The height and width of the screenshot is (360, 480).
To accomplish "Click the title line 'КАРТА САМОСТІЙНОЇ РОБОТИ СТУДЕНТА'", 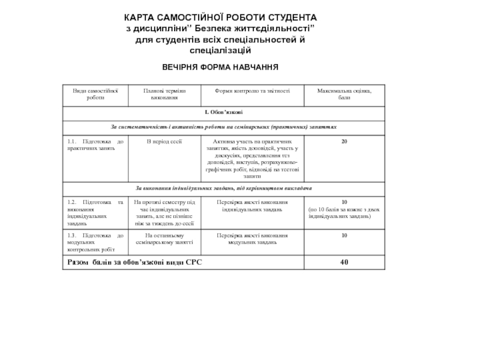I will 221,18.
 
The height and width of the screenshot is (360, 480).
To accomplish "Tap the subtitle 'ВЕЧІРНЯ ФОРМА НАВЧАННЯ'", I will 221,67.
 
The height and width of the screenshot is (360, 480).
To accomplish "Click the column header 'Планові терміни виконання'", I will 164,94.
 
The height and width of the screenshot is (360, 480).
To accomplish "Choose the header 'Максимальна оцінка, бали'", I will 344,94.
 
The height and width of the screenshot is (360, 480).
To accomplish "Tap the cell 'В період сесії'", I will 164,142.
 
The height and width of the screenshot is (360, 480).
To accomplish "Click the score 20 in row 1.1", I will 344,142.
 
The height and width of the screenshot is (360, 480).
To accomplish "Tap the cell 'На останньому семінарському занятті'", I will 164,239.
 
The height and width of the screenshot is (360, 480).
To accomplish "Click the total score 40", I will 344,262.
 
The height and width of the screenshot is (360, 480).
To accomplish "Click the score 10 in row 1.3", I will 344,236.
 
